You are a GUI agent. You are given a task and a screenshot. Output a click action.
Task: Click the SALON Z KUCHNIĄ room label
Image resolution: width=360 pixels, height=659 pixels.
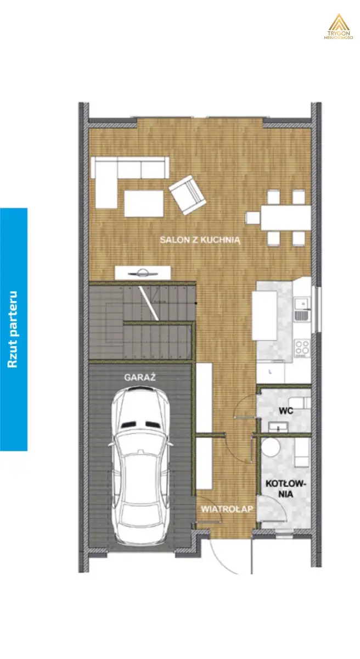point(200,240)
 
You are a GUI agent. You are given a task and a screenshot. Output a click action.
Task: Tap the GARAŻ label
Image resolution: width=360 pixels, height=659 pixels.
point(139,377)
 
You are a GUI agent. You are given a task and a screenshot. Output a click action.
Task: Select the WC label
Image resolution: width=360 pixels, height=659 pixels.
point(286,411)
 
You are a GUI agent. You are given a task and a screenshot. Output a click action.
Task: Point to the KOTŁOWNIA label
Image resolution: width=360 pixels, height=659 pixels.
point(286,488)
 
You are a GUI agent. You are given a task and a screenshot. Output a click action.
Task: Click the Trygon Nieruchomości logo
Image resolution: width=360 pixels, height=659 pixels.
point(339,27)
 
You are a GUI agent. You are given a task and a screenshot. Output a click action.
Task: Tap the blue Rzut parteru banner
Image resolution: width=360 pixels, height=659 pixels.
point(14,329)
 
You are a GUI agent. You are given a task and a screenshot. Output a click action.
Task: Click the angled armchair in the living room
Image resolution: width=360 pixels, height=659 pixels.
point(187,195)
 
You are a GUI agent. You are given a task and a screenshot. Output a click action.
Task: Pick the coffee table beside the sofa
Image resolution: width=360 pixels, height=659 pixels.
point(144,204)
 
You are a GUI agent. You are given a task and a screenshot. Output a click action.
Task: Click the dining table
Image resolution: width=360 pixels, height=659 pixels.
point(286,217)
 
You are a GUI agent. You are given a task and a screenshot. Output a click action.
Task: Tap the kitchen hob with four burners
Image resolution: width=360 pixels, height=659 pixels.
point(302,348)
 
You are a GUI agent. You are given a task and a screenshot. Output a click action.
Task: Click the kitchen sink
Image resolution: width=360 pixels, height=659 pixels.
point(301,309)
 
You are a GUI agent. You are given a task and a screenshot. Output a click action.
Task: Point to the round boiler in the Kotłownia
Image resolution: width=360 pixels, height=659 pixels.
point(271,448)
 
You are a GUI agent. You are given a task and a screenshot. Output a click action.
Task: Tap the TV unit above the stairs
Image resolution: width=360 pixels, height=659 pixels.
point(143,273)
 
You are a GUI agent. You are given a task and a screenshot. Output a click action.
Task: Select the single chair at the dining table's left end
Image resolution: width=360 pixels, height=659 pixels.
point(253,218)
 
